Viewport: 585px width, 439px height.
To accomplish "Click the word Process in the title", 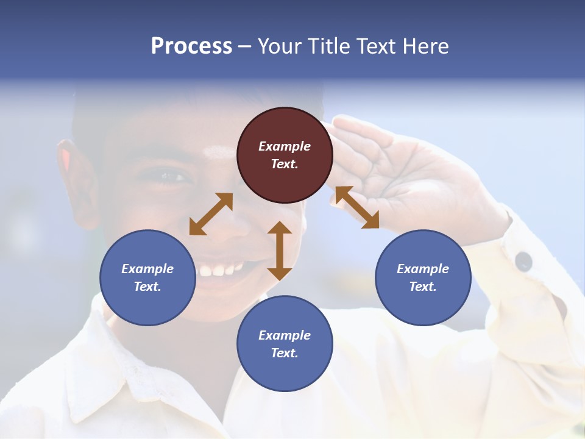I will point(191,46).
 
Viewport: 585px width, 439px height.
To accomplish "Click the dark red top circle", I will point(285,155).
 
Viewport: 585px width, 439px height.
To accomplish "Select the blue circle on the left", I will point(147,277).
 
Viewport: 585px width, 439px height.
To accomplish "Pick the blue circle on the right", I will point(422,277).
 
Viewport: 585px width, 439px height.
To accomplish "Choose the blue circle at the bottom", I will point(285,344).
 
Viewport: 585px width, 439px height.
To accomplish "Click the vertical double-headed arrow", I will point(280,251).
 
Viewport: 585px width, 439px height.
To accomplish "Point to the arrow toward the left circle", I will point(211,213).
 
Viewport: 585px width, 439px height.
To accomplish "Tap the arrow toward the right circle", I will point(357,207).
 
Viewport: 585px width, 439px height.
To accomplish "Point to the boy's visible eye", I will point(172,177).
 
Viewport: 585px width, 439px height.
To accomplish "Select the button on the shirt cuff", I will point(523,261).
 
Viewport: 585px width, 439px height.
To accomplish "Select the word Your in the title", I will point(278,46).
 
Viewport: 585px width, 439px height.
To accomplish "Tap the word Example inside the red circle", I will point(285,146).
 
